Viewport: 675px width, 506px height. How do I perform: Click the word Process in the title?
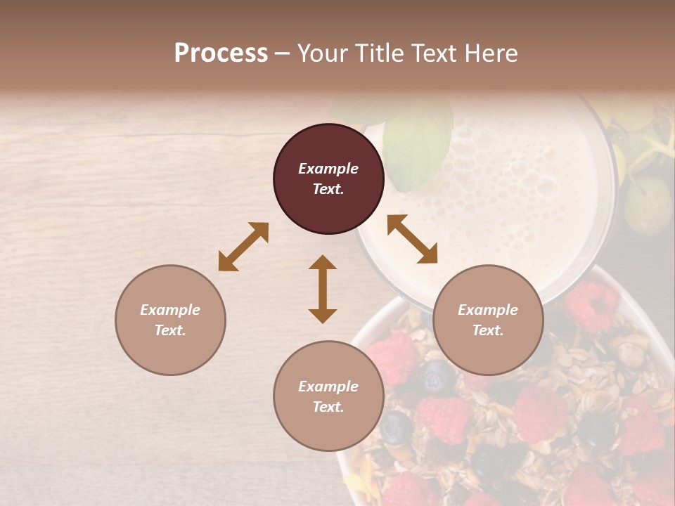[221, 53]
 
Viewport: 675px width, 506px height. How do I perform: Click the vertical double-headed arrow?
[323, 289]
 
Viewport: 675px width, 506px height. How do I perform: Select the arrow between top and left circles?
[243, 247]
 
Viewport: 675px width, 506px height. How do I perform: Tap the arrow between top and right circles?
[413, 239]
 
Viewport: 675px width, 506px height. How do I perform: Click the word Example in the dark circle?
[328, 169]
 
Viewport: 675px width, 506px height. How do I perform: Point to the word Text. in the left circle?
[170, 330]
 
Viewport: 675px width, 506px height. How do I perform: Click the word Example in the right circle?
[488, 310]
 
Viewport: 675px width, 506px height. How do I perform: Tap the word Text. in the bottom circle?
[328, 407]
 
